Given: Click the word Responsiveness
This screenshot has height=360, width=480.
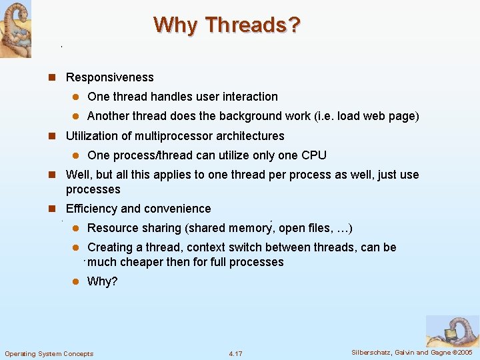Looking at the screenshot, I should coord(109,77).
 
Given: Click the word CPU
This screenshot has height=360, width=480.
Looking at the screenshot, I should coord(313,155).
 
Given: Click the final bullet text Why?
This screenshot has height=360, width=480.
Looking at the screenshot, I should coord(102,281).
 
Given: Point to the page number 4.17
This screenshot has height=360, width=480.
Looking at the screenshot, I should coord(235,353).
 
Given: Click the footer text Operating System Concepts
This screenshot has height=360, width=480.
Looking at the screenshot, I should coord(49,353).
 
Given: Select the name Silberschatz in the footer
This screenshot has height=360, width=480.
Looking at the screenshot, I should coord(372,352).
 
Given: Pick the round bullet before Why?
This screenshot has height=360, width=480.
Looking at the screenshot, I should coord(75,281).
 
